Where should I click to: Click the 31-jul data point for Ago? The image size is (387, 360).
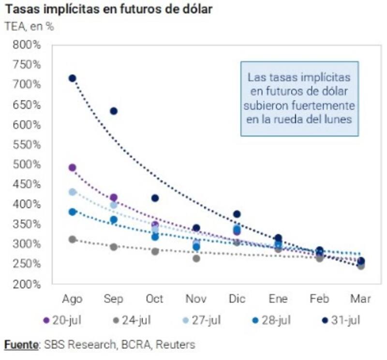(x=73, y=78)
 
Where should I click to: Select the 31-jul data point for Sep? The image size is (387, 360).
(x=114, y=111)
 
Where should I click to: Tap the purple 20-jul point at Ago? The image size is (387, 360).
(x=73, y=168)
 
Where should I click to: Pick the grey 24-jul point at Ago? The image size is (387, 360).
(x=73, y=239)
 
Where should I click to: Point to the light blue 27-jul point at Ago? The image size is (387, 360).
(x=73, y=192)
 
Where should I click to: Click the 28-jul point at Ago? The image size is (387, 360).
(x=73, y=212)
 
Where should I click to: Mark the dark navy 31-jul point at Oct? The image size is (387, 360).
(x=155, y=198)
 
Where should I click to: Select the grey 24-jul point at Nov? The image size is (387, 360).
(x=196, y=259)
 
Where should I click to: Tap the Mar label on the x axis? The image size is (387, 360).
(x=360, y=299)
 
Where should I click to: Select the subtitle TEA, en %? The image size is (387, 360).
(x=29, y=26)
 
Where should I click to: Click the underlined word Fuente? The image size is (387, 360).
(x=21, y=345)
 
